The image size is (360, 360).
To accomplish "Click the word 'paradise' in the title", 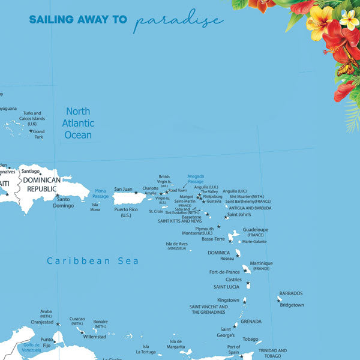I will pos(179,20).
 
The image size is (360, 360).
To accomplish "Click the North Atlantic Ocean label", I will pos(78,123).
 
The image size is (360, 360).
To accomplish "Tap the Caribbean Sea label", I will pos(93,260).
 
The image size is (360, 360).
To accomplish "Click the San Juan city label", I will pos(123,189).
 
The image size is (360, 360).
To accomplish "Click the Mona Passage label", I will pos(100,193).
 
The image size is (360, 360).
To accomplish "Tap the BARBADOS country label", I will pos(290,293).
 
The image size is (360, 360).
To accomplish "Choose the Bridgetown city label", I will pos(292,305).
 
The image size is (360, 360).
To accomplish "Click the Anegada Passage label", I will pos(196,179).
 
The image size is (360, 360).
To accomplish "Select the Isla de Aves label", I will pos(176,245).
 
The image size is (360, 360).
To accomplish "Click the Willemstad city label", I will pos(94,337).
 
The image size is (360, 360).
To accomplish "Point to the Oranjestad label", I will pos(42,321).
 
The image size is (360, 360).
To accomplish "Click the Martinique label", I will pos(261,263).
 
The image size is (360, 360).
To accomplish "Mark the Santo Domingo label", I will pos(64,202).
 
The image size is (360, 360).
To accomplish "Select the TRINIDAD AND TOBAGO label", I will pos(272,353).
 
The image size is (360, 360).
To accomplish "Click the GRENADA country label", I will pos(251,321).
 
